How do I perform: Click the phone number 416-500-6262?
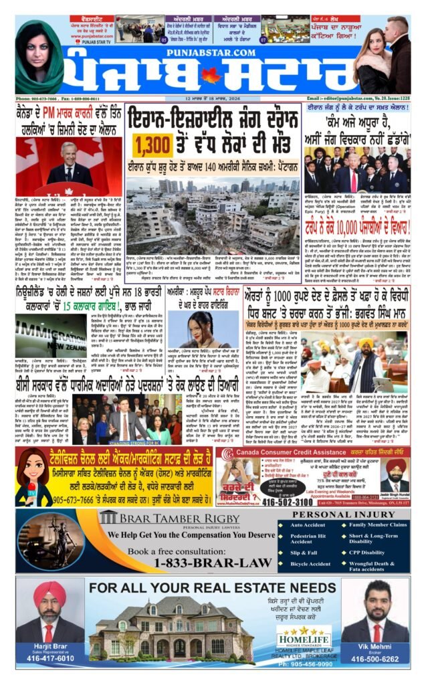coord(376,658)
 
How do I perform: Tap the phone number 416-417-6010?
coord(50,658)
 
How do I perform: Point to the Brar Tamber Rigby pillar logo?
coord(108,518)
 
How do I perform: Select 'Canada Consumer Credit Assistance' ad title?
coord(282,453)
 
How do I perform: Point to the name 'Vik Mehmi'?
coord(376,648)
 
